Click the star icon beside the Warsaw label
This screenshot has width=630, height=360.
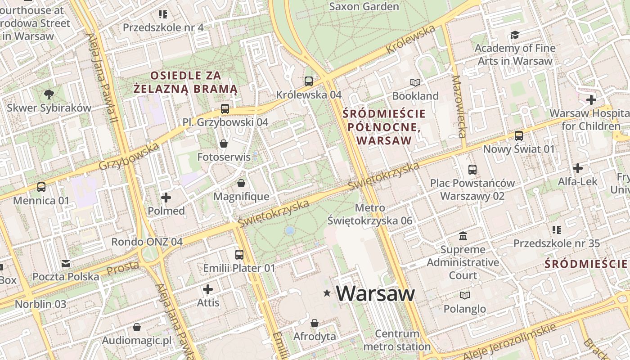point(327,293)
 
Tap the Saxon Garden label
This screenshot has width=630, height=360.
point(364,7)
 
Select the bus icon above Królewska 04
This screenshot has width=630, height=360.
point(309,81)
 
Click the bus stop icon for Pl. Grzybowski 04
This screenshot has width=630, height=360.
point(225,109)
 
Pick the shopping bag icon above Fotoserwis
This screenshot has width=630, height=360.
point(223,144)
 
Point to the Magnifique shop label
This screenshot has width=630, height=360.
point(241,197)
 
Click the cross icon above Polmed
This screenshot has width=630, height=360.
point(166,197)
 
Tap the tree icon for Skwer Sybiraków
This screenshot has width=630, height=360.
point(49,94)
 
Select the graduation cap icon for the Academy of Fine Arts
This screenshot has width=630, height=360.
point(515,35)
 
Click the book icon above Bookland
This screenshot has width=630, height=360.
point(415,83)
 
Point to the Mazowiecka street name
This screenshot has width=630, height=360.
point(459,106)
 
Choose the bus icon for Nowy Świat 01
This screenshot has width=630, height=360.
point(519,135)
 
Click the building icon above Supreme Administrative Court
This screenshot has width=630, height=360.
point(463,236)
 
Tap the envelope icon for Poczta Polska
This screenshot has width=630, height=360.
point(66,263)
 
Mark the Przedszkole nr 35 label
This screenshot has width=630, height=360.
point(557,243)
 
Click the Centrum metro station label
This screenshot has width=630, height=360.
point(397,340)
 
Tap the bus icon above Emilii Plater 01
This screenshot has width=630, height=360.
point(239,255)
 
